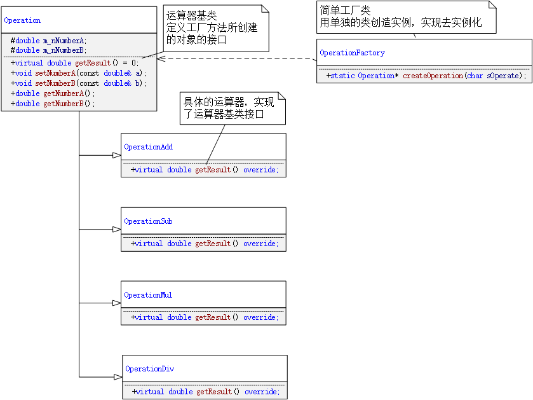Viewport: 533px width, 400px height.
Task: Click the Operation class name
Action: click(22, 20)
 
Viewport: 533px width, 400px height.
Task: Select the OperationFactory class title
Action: click(352, 53)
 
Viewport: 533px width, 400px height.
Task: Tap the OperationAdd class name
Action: click(148, 147)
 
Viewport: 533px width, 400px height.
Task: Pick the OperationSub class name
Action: click(148, 221)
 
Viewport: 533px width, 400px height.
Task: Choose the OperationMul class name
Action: click(148, 295)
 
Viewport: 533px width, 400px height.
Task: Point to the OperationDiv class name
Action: click(149, 369)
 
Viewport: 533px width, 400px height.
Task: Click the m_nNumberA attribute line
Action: click(49, 41)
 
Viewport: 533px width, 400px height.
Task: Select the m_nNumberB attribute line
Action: click(49, 50)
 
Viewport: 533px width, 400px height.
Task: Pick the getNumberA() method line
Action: click(53, 93)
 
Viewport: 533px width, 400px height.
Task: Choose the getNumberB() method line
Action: click(53, 104)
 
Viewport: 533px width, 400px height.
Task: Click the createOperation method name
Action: click(433, 76)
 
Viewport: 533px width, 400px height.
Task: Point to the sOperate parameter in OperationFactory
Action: click(504, 76)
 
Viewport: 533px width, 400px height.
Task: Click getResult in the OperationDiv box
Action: click(213, 392)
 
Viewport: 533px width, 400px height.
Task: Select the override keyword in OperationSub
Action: click(260, 244)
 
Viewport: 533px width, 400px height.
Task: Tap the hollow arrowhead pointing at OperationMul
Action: click(117, 303)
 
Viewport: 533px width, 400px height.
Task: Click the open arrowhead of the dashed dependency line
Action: click(161, 59)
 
